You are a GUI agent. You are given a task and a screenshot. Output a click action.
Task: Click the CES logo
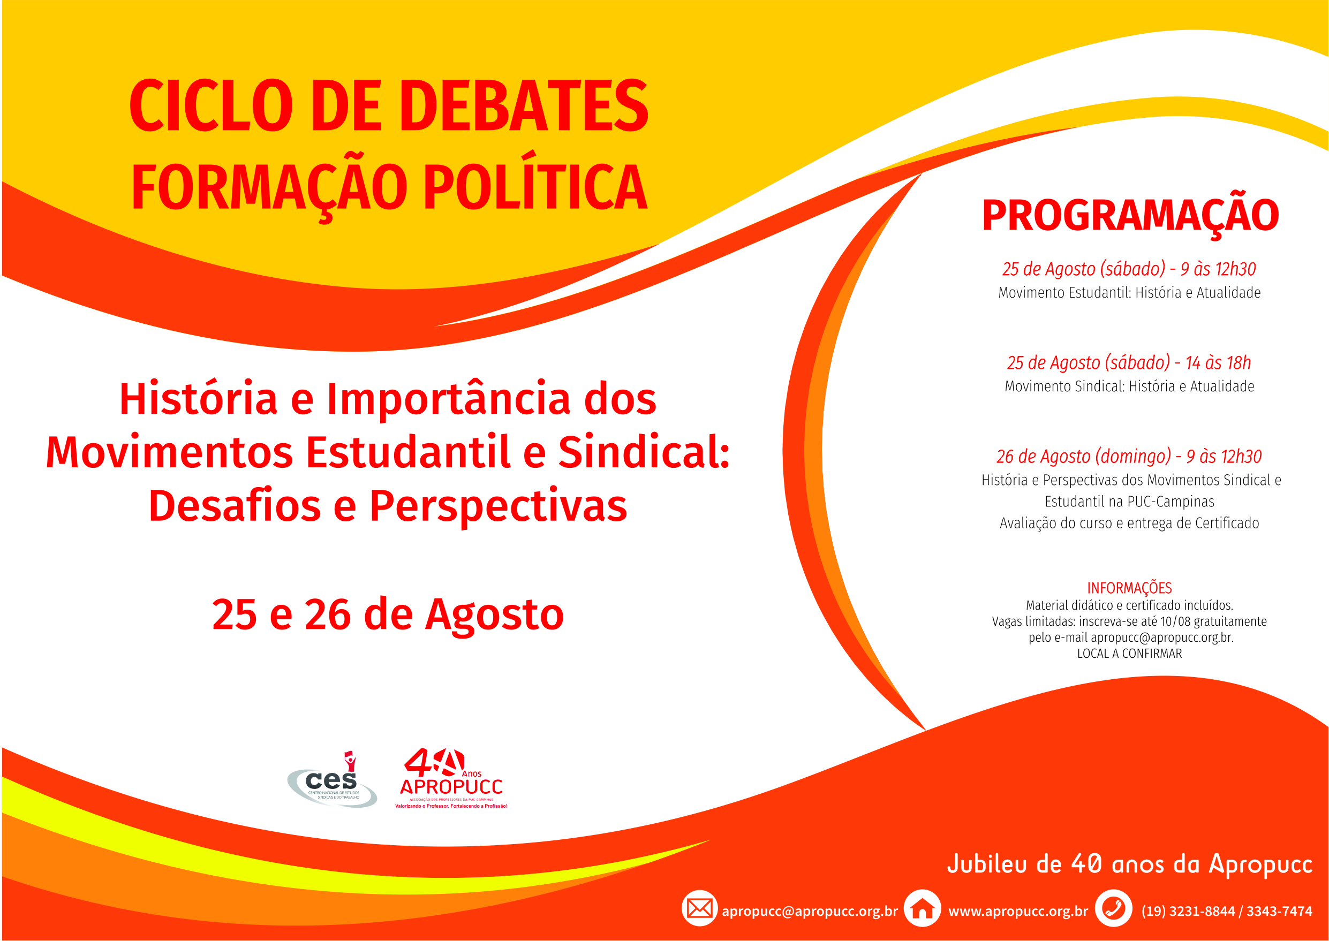(333, 780)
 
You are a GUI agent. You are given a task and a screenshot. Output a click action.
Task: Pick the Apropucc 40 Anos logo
(451, 778)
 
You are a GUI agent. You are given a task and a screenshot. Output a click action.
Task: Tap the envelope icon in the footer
(699, 908)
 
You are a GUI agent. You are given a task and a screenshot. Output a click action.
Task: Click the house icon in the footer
(922, 908)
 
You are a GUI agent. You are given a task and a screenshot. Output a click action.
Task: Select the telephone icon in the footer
(1113, 908)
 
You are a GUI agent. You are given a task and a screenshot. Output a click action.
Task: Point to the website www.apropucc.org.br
(1018, 911)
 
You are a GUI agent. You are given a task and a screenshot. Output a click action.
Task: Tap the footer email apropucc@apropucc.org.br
(810, 911)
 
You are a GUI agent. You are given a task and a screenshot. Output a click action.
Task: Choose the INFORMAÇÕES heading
(1130, 588)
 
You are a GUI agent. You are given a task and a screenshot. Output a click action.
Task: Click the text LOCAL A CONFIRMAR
(1130, 654)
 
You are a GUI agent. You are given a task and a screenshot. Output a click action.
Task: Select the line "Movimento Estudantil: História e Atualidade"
(1130, 293)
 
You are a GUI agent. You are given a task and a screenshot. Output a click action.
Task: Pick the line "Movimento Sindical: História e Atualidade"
(1130, 386)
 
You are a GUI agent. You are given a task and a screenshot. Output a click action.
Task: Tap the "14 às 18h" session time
(1218, 363)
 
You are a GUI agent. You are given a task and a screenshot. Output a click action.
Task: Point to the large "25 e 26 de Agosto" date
(388, 615)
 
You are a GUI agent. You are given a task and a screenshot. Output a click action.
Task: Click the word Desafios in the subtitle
(235, 506)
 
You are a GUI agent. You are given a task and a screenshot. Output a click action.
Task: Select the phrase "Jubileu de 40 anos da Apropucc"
(1130, 864)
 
